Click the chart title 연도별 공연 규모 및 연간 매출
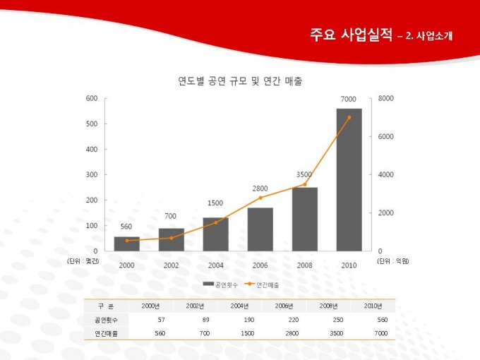click(240, 81)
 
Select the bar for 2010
click(349, 180)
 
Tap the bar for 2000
click(127, 244)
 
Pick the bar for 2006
click(260, 229)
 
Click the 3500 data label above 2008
click(304, 174)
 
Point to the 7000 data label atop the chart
click(348, 99)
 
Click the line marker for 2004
click(216, 222)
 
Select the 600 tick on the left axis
click(92, 98)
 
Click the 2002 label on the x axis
click(171, 265)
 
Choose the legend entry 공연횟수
click(220, 284)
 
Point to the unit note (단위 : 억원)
click(393, 261)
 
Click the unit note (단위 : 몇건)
click(83, 261)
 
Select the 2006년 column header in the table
click(284, 306)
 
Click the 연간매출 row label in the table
click(107, 332)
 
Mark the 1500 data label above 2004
click(215, 203)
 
